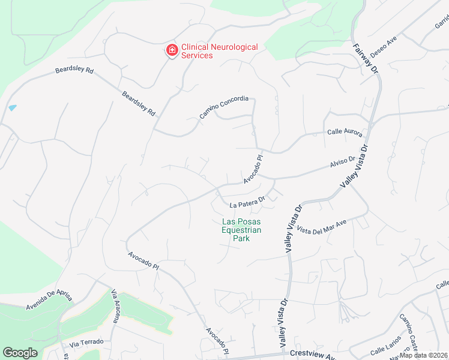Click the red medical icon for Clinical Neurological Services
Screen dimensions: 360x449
[x=172, y=50]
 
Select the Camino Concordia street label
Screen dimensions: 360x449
[x=223, y=107]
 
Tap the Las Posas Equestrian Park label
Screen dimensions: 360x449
[x=241, y=229]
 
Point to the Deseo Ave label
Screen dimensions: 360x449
[x=384, y=46]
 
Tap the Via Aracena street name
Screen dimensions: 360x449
[x=115, y=306]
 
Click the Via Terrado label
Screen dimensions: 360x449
[x=86, y=343]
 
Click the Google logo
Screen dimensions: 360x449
[x=20, y=353]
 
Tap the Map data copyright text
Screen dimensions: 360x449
[x=423, y=355]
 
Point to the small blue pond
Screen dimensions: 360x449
[x=13, y=108]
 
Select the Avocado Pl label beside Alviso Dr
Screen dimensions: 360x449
[x=253, y=170]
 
